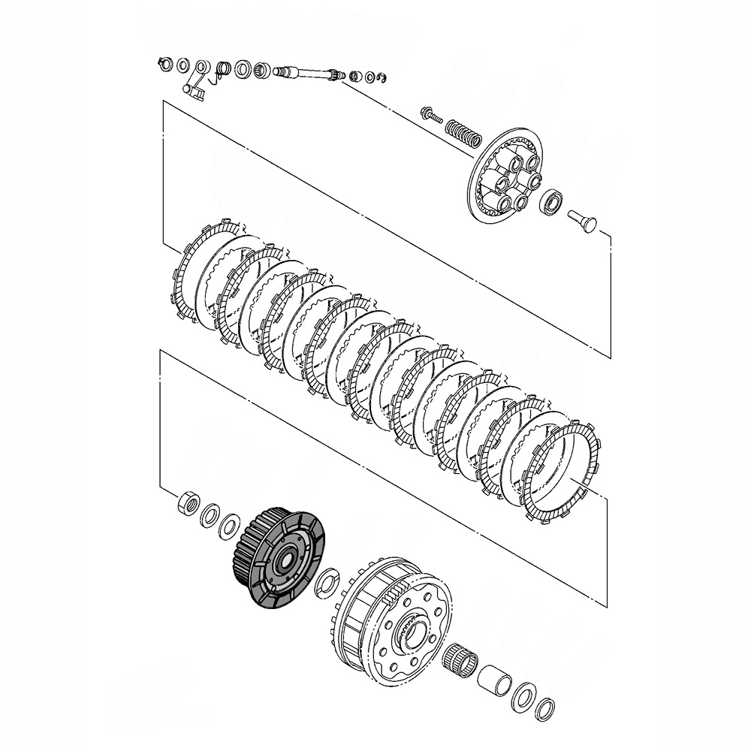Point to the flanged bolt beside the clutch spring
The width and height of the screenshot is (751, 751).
click(x=432, y=115)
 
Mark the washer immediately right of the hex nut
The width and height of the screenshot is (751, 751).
click(x=210, y=515)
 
